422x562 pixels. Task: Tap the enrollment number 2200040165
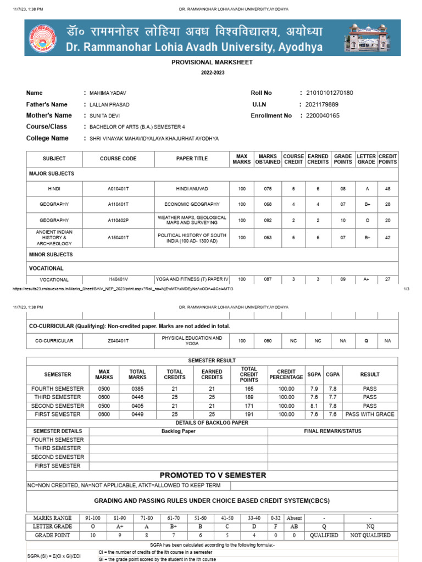(x=323, y=116)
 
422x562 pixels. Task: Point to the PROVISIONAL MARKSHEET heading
(x=212, y=63)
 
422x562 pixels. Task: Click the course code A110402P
(x=118, y=220)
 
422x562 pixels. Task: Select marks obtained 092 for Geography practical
(x=268, y=220)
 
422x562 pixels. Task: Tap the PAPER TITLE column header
(x=192, y=159)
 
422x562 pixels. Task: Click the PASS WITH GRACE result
(x=370, y=414)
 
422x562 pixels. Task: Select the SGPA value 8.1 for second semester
(x=314, y=406)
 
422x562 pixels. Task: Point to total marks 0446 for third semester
(x=137, y=397)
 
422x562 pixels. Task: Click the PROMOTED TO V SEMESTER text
(x=213, y=475)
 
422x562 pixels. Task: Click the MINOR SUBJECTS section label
(x=51, y=255)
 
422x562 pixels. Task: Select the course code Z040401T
(x=118, y=341)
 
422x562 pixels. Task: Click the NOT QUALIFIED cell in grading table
(x=370, y=535)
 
